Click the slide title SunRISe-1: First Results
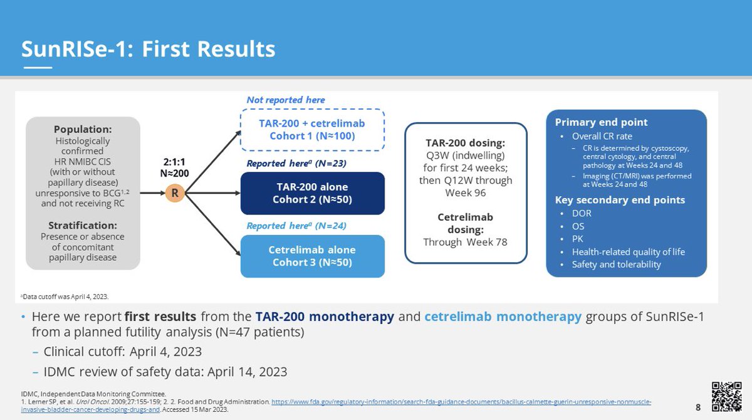coord(148,49)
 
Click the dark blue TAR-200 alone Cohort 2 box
coord(312,193)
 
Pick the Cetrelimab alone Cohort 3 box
coord(312,256)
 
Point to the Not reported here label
coord(286,100)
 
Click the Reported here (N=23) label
coord(296,163)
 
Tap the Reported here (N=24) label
coord(296,226)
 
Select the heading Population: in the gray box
coord(83,129)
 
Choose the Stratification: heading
coord(83,225)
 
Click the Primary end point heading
coord(602,122)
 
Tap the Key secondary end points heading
coord(620,200)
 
